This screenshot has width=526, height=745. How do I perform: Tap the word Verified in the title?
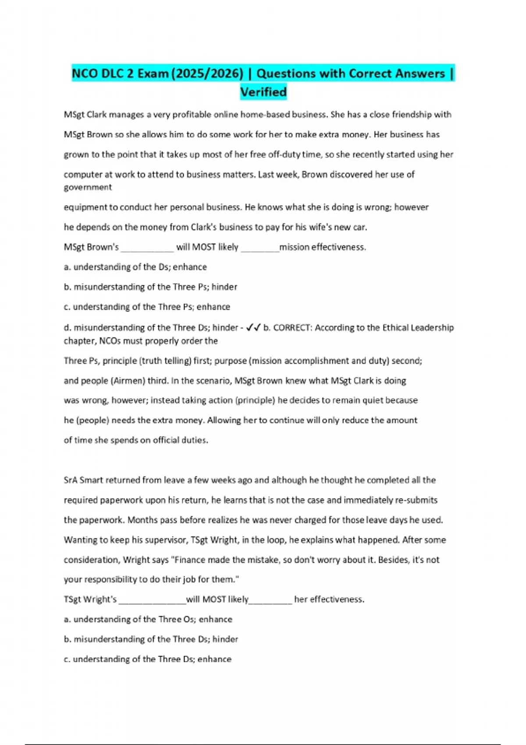(263, 92)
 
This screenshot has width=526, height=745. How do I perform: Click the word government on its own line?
(88, 187)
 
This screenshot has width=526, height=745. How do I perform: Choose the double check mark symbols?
(253, 327)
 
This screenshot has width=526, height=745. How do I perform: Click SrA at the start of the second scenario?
(71, 480)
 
